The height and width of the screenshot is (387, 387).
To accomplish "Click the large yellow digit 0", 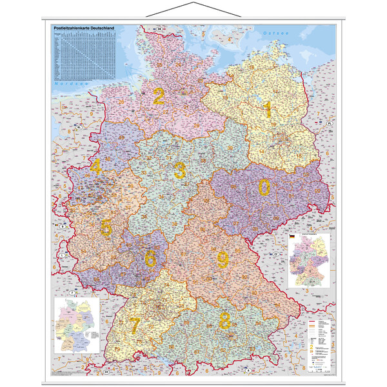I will [264, 187].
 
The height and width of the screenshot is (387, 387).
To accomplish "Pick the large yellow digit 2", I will [158, 96].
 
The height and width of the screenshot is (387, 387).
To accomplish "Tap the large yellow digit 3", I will [179, 171].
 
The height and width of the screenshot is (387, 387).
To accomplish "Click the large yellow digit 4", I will [95, 168].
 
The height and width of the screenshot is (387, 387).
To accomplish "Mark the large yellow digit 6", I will [150, 259].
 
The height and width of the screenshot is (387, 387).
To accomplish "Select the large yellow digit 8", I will [225, 320].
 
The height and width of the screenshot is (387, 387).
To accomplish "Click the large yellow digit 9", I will [223, 260].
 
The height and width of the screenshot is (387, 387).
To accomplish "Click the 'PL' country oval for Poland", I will [328, 121].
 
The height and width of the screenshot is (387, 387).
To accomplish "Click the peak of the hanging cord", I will [193, 3].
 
